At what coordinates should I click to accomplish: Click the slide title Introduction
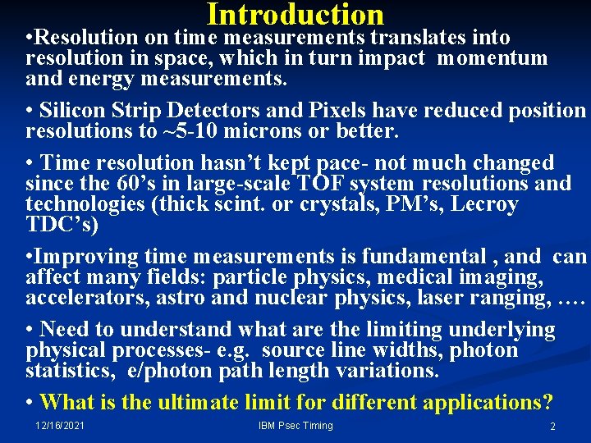[x=295, y=14]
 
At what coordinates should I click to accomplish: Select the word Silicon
[x=73, y=111]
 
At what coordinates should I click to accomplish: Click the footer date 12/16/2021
[x=60, y=425]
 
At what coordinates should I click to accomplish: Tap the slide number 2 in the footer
[x=552, y=427]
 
